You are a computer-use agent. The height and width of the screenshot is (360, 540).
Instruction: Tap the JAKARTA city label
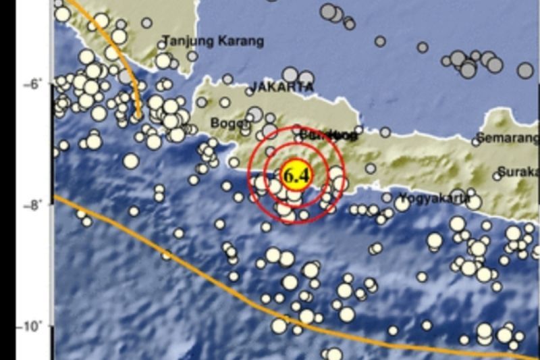tap(281, 87)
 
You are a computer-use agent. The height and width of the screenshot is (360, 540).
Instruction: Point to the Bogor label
tap(225, 123)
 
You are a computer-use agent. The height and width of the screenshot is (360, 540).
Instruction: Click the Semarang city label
tap(508, 138)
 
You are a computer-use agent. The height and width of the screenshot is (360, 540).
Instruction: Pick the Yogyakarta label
tap(433, 198)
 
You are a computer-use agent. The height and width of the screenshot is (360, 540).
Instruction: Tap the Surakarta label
tap(518, 171)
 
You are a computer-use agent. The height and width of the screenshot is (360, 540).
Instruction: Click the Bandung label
tap(327, 135)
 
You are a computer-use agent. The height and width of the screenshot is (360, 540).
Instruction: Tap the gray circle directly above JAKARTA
tap(290, 74)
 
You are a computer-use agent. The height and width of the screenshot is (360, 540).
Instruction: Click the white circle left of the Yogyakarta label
tap(385, 198)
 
